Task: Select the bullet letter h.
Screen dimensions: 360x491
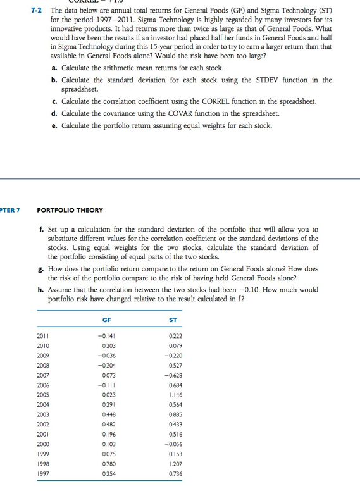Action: click(x=41, y=290)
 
